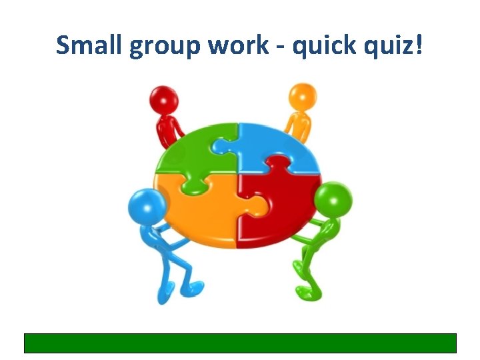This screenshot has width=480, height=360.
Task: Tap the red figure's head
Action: [x=164, y=100]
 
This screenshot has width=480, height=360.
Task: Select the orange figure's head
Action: [x=304, y=97]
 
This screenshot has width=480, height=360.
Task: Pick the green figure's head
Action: [x=331, y=199]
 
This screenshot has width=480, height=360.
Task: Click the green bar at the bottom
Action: [x=240, y=343]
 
